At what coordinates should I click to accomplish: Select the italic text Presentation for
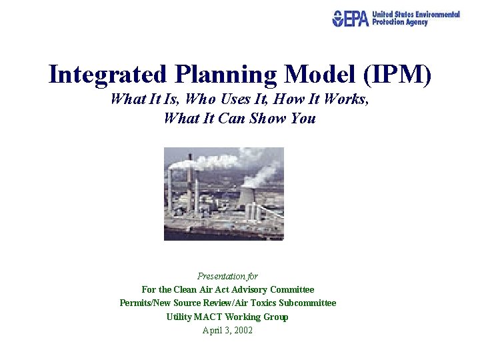coord(227,276)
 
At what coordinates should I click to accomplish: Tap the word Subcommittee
coord(307,303)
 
